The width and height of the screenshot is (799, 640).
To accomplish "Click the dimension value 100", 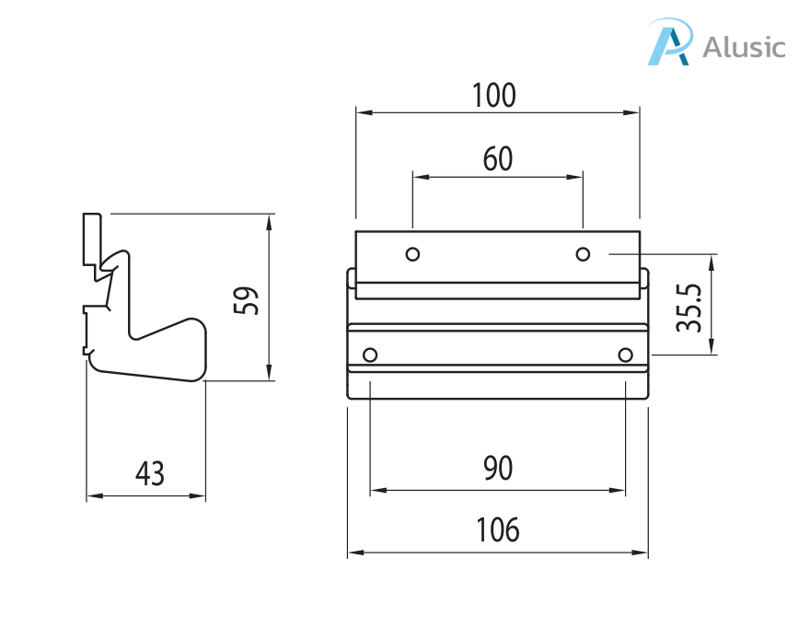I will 494,96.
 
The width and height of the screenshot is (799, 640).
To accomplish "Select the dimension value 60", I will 498,159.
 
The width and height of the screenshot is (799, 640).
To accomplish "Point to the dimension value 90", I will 498,469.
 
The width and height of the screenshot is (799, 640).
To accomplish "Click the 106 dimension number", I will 498,530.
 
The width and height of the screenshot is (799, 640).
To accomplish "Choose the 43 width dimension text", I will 149,474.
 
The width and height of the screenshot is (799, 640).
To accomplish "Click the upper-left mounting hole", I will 413,253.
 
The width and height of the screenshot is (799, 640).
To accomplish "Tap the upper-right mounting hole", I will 583,253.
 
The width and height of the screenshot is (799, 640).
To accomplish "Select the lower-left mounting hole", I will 371,355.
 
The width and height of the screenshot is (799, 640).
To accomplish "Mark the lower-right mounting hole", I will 626,355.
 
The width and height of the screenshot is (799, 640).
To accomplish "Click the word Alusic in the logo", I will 744,46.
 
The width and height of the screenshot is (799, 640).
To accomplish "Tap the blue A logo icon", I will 669,43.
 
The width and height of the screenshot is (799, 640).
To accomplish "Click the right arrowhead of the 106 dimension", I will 643,553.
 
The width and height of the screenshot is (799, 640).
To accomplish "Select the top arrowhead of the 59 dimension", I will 269,219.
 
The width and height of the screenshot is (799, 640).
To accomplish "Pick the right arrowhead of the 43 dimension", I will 200,496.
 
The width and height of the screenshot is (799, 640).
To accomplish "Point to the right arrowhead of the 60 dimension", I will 577,175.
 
